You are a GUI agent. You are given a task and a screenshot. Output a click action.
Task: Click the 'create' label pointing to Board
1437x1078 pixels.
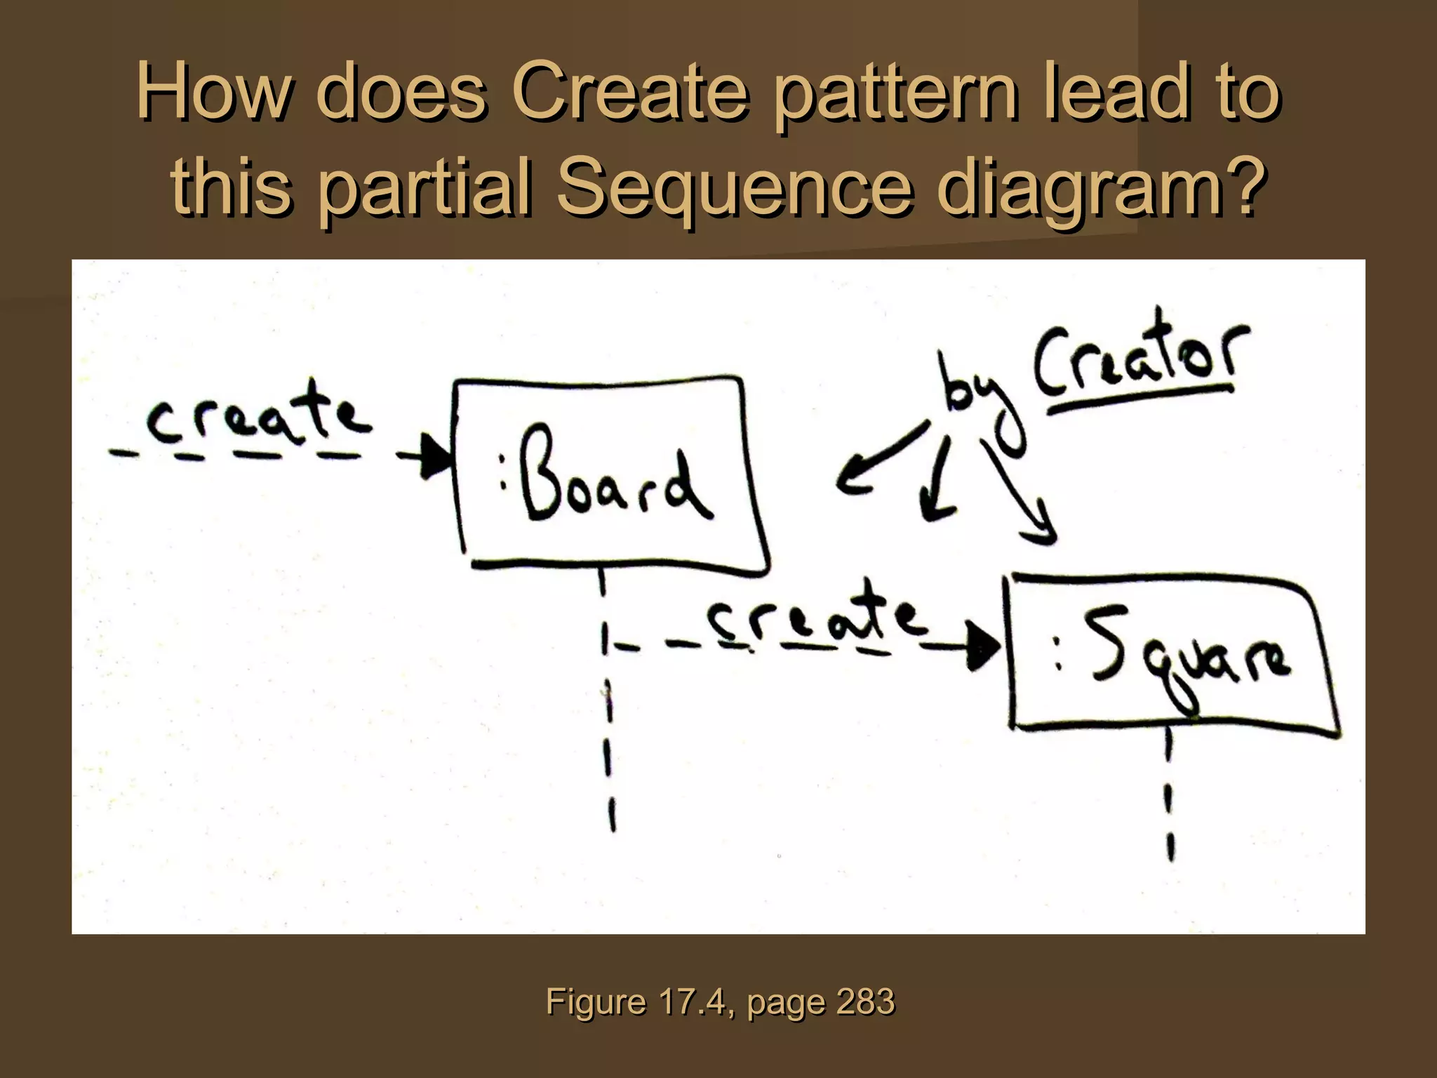click(x=256, y=418)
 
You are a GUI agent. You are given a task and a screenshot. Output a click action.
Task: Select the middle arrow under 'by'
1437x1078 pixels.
click(x=937, y=484)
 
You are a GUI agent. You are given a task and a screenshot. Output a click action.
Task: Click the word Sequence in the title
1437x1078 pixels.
click(x=737, y=186)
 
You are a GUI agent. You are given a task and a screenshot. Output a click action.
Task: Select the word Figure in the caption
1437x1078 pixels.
click(x=596, y=1002)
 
